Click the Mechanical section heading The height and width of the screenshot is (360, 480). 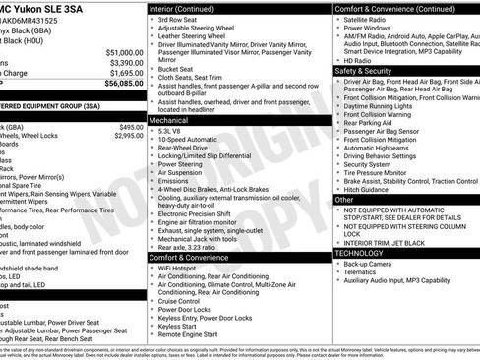(x=174, y=118)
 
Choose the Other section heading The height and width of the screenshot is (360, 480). (x=344, y=200)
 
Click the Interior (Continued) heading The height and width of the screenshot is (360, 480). (x=189, y=8)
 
